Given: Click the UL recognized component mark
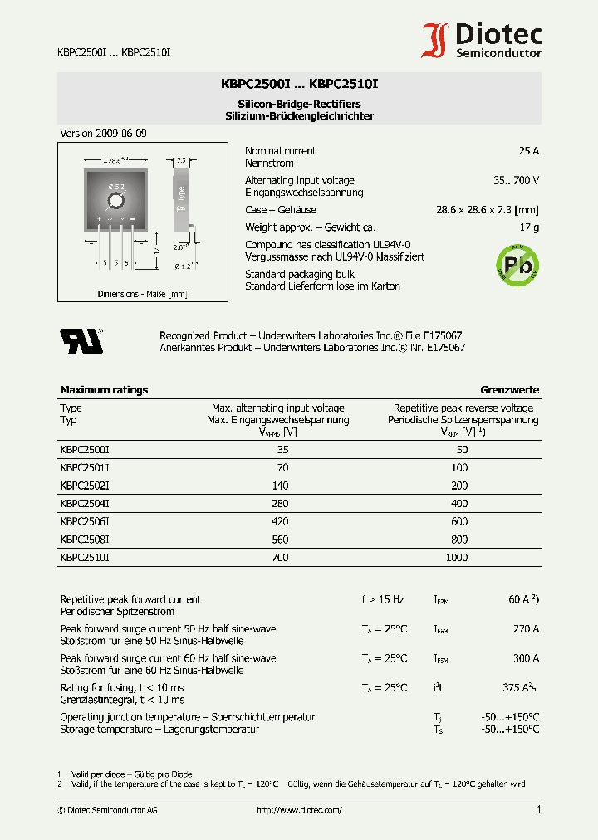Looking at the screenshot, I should (80, 340).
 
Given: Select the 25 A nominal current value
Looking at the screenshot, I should (528, 151).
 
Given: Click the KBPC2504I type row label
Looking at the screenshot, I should (85, 504).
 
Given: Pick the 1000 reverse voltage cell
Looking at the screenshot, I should (456, 558).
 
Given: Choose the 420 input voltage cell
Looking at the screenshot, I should (280, 522).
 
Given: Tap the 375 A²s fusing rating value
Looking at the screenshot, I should (519, 688).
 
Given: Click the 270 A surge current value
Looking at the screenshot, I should (526, 629).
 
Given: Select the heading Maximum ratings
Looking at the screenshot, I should (104, 390).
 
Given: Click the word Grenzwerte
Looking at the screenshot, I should (509, 390).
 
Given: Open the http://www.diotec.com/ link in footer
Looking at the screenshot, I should (299, 810).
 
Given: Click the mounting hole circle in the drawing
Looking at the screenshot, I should (116, 199).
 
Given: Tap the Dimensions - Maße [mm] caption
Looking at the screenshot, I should (142, 294).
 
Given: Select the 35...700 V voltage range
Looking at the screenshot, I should (516, 180).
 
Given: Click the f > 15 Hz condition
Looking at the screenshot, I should (383, 599).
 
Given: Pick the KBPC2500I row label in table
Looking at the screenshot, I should (85, 449).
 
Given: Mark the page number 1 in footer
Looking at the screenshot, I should (538, 810).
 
